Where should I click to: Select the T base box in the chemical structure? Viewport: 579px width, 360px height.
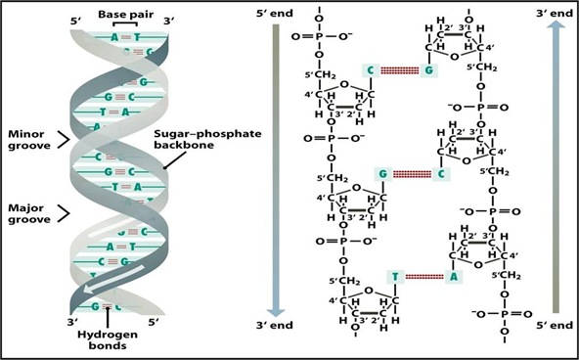pos(394,277)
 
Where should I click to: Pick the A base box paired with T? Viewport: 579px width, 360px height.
pos(453,277)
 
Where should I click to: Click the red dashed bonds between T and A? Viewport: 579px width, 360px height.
pos(423,277)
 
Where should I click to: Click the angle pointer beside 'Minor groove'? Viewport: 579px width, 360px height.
pos(64,140)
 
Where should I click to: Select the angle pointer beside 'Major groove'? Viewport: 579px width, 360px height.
pos(64,213)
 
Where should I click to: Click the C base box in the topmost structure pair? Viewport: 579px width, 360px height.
pos(371,69)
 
